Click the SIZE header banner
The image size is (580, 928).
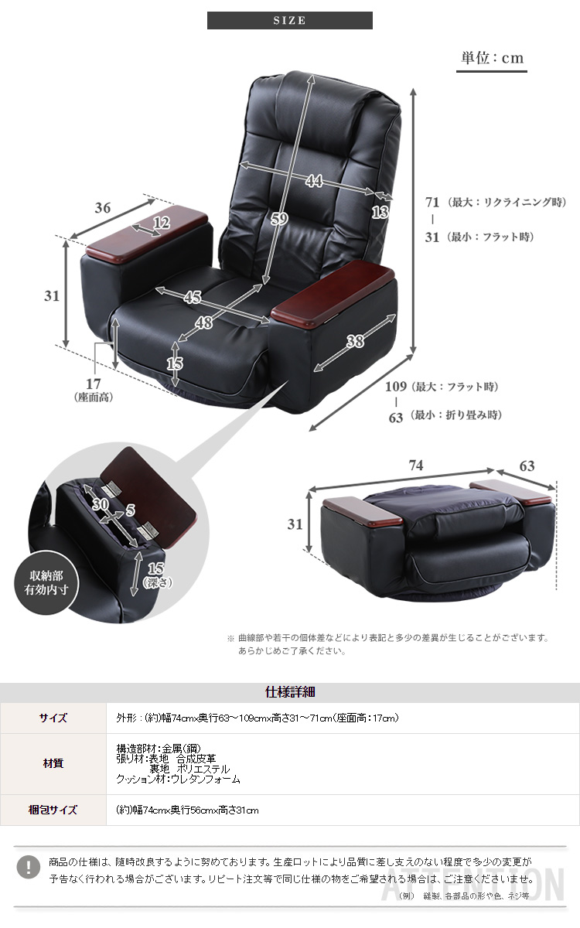click(289, 20)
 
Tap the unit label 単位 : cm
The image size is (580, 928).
click(492, 57)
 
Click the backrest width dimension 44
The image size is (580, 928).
click(315, 181)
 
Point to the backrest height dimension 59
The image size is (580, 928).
click(279, 218)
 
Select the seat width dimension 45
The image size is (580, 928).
click(193, 297)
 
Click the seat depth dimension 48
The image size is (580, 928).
click(203, 322)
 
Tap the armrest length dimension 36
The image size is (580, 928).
click(102, 207)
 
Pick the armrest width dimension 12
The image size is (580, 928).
click(162, 223)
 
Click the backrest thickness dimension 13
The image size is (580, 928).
click(380, 213)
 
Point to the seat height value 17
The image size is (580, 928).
click(94, 384)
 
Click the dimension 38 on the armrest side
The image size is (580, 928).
click(356, 341)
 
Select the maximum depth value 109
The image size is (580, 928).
click(396, 387)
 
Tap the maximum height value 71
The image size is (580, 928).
click(432, 202)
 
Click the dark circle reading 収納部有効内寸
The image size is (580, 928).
click(46, 582)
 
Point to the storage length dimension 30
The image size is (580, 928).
click(101, 504)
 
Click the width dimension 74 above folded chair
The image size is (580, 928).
click(416, 466)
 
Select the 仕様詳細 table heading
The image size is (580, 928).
click(290, 692)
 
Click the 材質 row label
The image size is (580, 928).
click(53, 763)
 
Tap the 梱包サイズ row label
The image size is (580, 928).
click(53, 810)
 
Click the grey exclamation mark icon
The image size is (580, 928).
click(28, 867)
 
